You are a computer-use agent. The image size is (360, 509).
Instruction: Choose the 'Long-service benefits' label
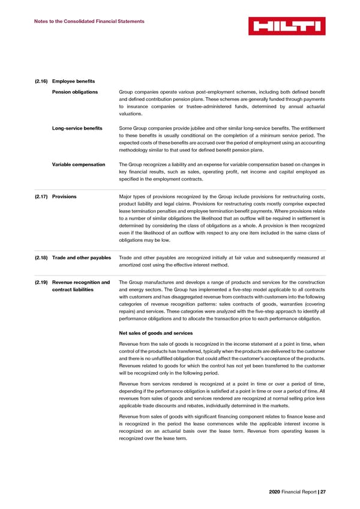[77, 128]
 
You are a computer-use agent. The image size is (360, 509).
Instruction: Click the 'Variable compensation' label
[79, 164]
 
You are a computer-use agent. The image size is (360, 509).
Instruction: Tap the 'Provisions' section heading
[64, 197]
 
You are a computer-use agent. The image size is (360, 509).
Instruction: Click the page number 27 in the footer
[322, 493]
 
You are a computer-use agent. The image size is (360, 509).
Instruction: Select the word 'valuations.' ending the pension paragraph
[131, 113]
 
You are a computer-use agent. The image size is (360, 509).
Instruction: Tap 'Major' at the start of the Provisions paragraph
[127, 197]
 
